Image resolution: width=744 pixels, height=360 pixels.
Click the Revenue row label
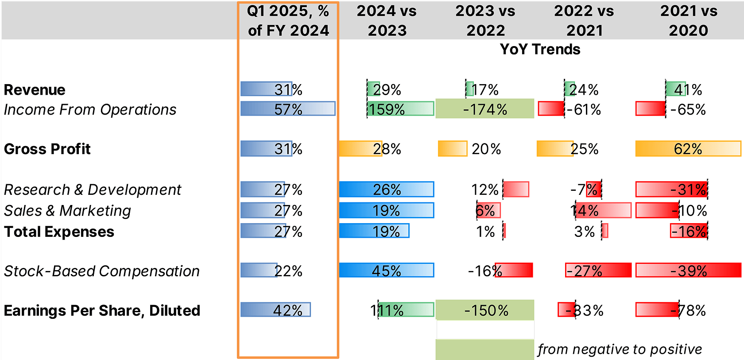point(35,90)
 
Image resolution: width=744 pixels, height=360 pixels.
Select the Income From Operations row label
point(90,109)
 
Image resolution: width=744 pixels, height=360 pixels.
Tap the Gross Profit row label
point(47,149)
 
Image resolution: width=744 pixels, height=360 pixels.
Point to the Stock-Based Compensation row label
point(101,271)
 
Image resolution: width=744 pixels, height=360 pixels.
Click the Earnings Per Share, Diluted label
point(102,310)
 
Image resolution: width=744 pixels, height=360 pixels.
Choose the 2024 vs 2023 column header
point(387,20)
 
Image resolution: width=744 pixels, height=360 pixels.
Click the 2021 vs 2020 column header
point(688,20)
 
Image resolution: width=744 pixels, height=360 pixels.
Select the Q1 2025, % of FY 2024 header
point(288,20)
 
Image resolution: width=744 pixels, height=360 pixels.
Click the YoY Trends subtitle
point(540,49)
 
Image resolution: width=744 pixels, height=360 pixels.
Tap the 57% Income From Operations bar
point(288,109)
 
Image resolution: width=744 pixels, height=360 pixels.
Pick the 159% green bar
point(400,109)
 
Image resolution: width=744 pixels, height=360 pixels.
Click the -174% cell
point(485,109)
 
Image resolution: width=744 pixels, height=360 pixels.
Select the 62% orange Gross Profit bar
point(688,149)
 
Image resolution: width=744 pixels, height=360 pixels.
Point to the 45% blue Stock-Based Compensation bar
point(386,270)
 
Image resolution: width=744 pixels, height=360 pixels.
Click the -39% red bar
point(688,270)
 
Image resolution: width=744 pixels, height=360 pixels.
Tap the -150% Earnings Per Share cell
point(485,310)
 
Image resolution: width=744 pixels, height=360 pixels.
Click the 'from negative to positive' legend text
point(620,349)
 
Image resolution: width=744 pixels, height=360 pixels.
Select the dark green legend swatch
point(485,330)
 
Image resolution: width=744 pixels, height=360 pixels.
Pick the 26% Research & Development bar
point(386,189)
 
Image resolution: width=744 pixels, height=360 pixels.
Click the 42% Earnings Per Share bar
point(275,310)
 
